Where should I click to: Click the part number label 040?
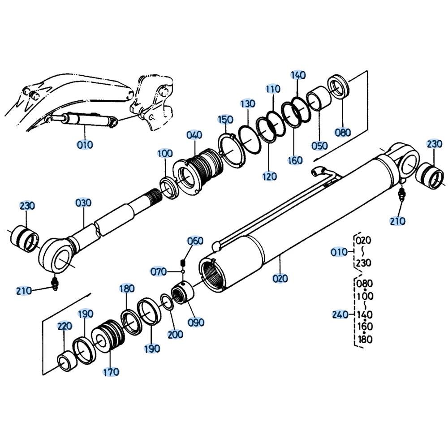194,135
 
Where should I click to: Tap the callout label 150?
226,120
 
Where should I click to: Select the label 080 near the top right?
343,132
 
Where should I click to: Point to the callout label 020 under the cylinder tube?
280,278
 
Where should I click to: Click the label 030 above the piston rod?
83,203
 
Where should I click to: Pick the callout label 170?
111,372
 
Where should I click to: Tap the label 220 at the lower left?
65,326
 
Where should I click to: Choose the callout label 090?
196,322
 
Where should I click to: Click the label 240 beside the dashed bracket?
340,314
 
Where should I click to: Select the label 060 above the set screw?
195,241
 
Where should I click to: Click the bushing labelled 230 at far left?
25,239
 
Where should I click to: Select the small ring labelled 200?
167,302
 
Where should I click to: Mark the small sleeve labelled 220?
67,361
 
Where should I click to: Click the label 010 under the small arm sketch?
85,145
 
